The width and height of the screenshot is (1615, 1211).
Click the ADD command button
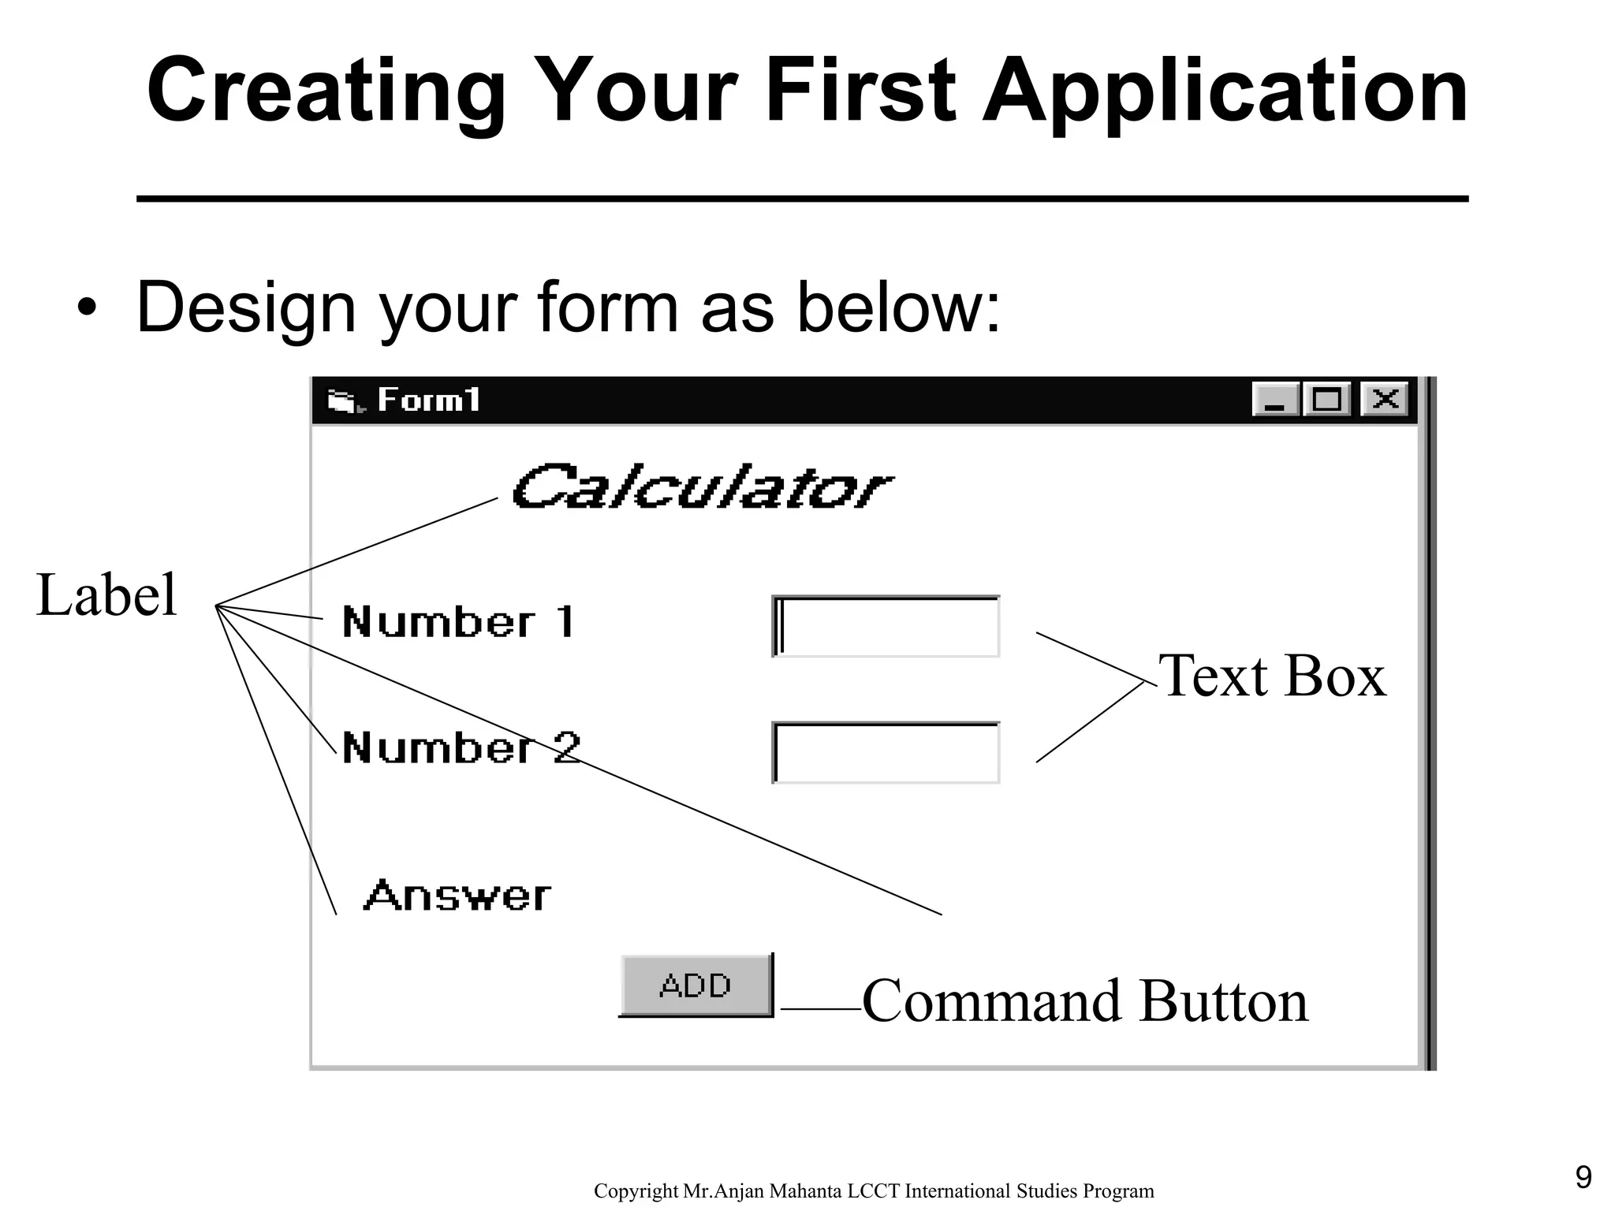(x=696, y=986)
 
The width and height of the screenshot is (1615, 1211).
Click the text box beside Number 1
(x=886, y=627)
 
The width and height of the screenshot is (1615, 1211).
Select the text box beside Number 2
(x=886, y=753)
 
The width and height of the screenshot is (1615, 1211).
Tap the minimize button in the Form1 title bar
(x=1275, y=400)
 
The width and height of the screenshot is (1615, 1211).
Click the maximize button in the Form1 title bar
(x=1327, y=400)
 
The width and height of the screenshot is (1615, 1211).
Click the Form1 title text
(x=429, y=401)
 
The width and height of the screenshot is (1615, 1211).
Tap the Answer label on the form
(x=457, y=896)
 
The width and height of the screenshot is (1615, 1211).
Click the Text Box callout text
(x=1271, y=676)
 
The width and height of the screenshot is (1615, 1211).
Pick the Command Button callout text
(x=1085, y=1001)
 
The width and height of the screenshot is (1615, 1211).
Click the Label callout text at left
(x=107, y=595)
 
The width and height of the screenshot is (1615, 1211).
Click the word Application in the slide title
(x=1225, y=93)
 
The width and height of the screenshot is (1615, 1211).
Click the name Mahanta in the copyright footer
(x=804, y=1191)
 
